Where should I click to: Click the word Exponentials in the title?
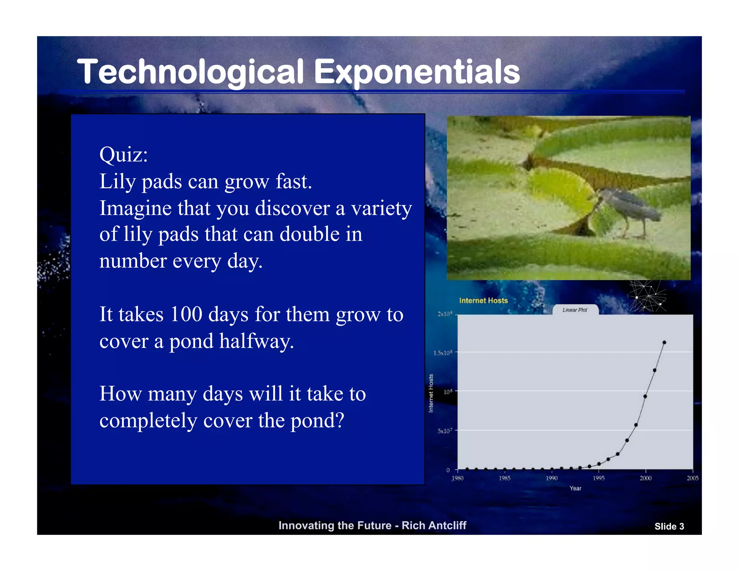tap(417, 72)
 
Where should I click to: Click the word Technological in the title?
tap(191, 72)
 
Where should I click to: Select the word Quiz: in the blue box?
tap(123, 155)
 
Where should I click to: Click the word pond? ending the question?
tap(318, 420)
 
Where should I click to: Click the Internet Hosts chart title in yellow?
tap(483, 301)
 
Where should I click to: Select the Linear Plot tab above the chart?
tap(575, 310)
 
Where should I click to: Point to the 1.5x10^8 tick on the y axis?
tap(443, 353)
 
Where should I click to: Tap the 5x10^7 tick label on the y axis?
tap(445, 431)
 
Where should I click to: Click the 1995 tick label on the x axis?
tap(599, 478)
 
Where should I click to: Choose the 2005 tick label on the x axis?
tap(692, 478)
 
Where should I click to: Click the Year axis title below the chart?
tap(575, 488)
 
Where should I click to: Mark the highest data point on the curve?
tap(664, 343)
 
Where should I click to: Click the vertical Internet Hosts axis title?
tap(431, 393)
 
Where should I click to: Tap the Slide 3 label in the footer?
tap(669, 527)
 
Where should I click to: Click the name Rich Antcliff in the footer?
tap(434, 526)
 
